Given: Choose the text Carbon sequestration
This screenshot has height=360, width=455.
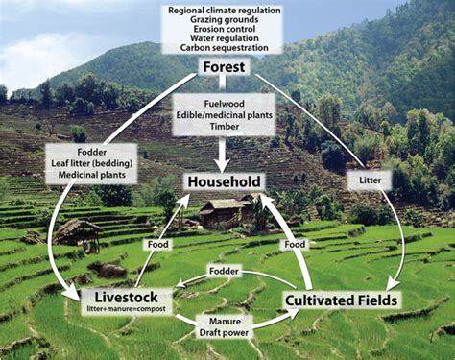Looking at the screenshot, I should (225, 45).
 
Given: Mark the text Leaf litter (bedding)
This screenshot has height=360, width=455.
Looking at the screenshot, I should (88, 164).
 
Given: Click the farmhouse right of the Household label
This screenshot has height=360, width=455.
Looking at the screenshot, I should (228, 212).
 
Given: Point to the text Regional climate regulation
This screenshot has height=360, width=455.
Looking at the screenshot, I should (225, 9).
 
